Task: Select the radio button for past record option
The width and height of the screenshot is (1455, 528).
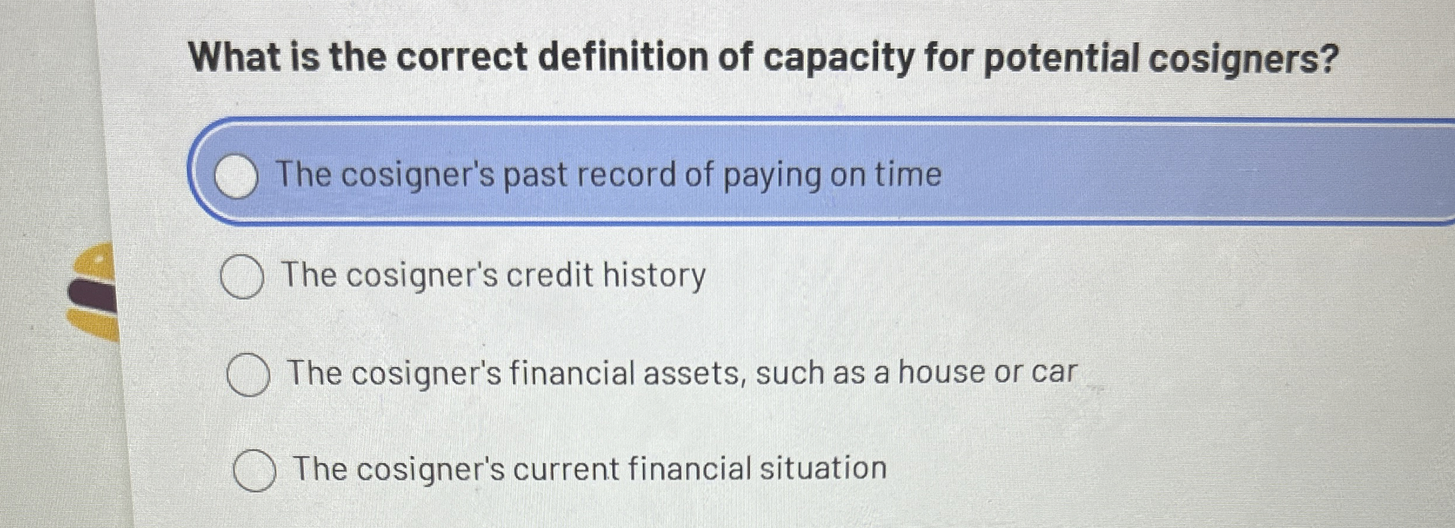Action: [x=236, y=177]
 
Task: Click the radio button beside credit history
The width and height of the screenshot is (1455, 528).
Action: [x=242, y=277]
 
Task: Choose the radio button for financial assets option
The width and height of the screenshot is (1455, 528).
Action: [x=248, y=375]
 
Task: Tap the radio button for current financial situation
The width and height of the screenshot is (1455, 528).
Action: [x=254, y=470]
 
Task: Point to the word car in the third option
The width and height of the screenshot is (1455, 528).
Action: [x=1053, y=373]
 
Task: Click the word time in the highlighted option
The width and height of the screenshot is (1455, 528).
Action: [x=909, y=175]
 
